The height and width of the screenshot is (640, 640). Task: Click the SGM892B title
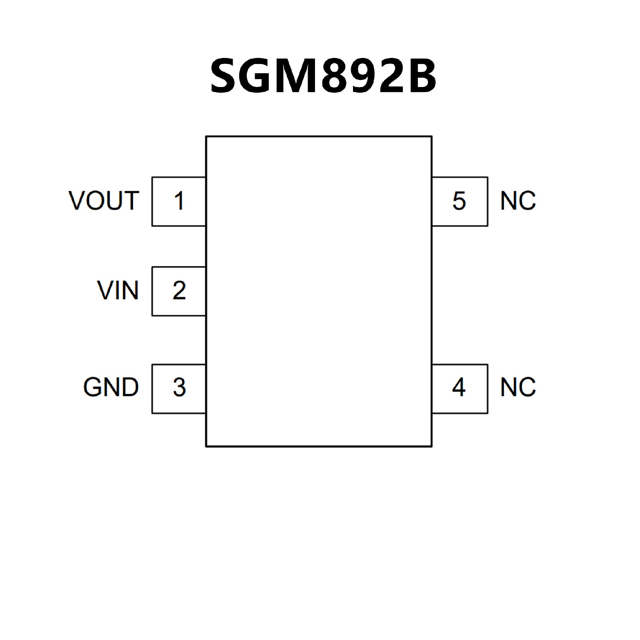point(323,76)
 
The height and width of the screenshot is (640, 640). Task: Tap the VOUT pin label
point(104,201)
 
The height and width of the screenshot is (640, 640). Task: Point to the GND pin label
point(111,387)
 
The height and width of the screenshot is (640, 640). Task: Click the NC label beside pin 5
point(518,201)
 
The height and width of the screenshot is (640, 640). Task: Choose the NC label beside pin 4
point(518,387)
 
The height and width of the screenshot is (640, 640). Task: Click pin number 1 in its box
point(179,201)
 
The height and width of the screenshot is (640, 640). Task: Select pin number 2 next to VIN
point(179,291)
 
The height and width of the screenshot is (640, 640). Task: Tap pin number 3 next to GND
point(179,387)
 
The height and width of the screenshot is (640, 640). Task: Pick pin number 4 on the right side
point(459,387)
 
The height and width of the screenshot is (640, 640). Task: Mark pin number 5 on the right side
point(459,201)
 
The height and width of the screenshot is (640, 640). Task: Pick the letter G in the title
point(258,76)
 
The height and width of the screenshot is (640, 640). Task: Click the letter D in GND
point(130,387)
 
